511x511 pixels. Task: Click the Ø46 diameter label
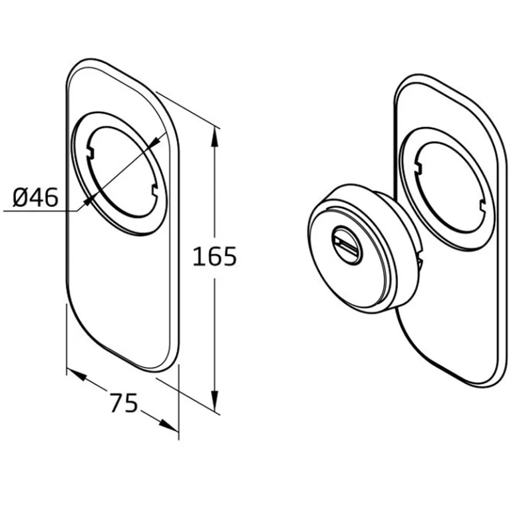pos(35,197)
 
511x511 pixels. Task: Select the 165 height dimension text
pos(214,256)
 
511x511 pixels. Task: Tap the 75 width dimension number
pos(124,403)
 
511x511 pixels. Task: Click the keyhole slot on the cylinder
pos(347,245)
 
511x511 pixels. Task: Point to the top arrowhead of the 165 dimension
pos(214,137)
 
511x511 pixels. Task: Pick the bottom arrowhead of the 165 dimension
pos(214,400)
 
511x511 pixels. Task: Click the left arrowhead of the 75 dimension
pos(77,374)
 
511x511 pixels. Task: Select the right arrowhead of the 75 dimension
pos(168,425)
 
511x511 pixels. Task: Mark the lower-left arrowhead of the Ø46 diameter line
pos(88,201)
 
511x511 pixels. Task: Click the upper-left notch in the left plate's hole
pos(90,153)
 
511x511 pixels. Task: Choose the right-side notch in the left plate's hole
pos(154,191)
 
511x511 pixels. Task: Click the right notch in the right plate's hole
pos(482,206)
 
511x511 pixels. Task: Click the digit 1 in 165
pos(197,256)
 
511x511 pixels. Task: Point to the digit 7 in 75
pos(116,403)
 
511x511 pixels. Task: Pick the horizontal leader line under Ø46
pos(41,211)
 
